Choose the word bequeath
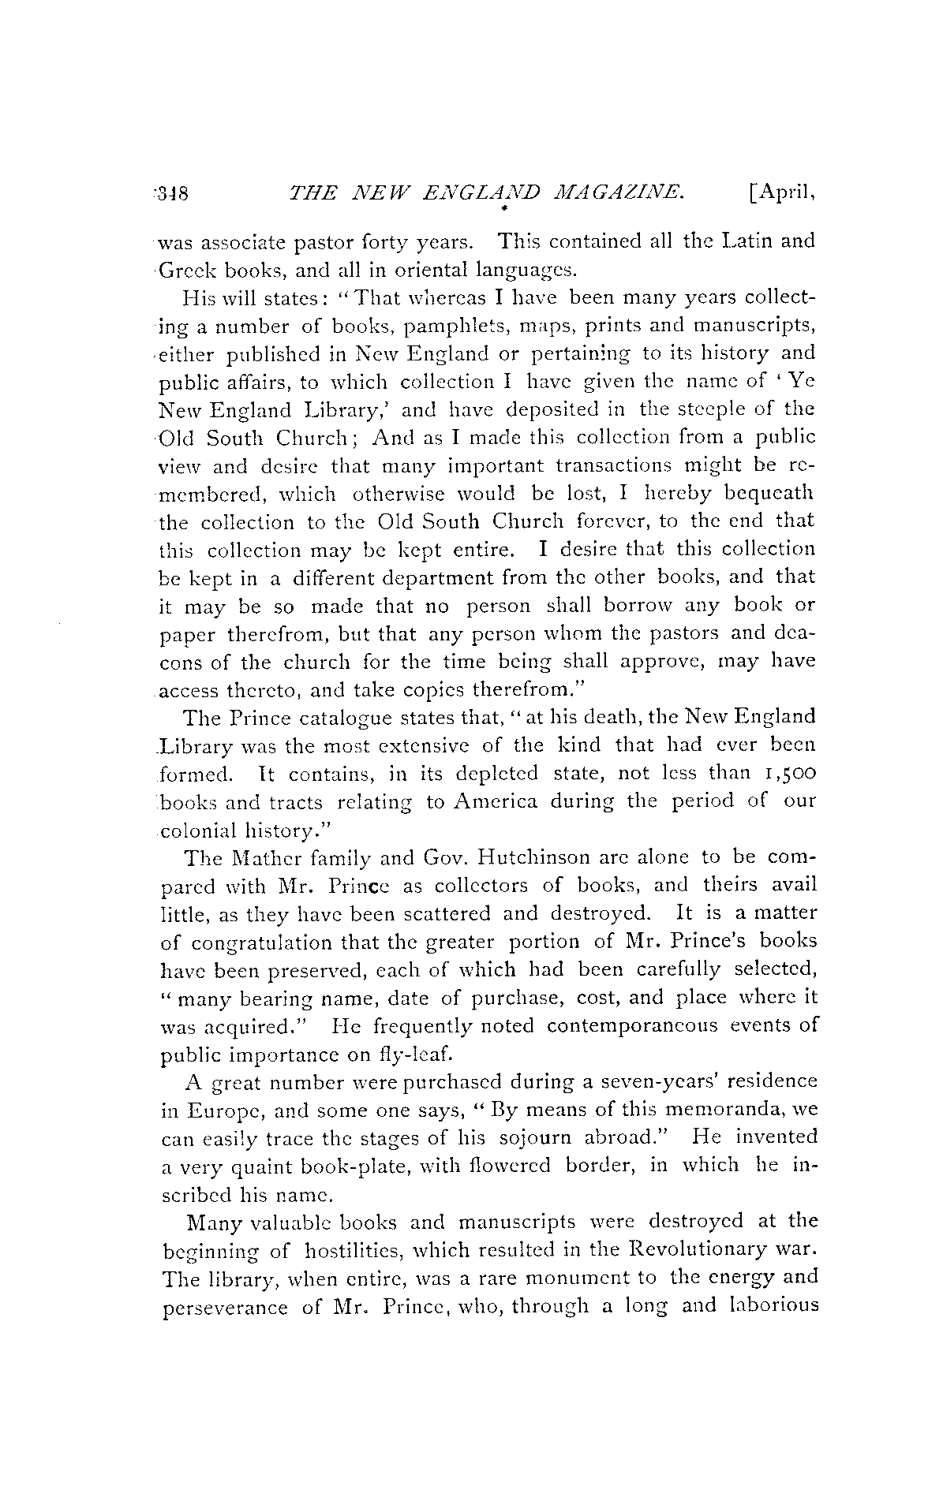(764, 493)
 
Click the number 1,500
(784, 774)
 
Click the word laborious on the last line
(763, 1307)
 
